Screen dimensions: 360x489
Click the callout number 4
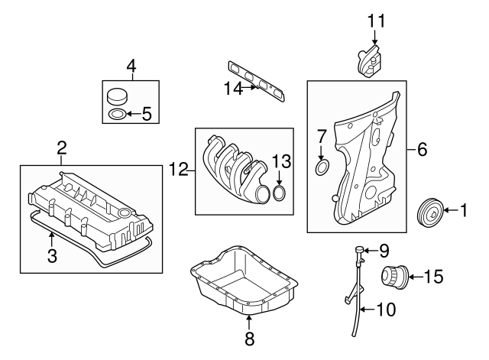pyautogui.click(x=131, y=66)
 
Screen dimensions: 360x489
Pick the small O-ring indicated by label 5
pyautogui.click(x=117, y=115)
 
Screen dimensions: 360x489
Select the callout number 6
pyautogui.click(x=422, y=150)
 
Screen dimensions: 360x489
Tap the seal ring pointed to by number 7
pyautogui.click(x=322, y=167)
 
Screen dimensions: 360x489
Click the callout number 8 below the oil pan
pyautogui.click(x=249, y=337)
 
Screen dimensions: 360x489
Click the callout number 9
pyautogui.click(x=384, y=249)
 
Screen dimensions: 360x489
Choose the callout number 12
pyautogui.click(x=179, y=170)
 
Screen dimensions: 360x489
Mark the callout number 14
pyautogui.click(x=232, y=89)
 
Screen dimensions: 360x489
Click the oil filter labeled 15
pyautogui.click(x=397, y=275)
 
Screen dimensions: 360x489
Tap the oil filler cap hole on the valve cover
pyautogui.click(x=123, y=211)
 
